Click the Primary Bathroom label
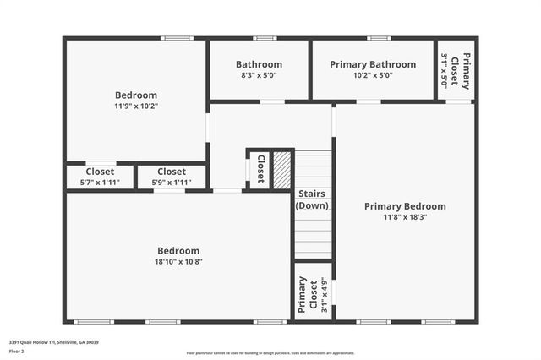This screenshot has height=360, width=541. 373,64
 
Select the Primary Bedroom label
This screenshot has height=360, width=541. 405,206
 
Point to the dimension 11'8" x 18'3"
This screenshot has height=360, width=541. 405,217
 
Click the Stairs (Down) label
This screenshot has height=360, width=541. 312,199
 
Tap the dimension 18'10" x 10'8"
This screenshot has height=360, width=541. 178,262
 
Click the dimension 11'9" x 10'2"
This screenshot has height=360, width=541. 136,106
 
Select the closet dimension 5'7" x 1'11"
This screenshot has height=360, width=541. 100,183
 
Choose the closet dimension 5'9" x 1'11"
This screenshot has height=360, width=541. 172,183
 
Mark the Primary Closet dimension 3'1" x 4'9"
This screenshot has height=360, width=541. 324,295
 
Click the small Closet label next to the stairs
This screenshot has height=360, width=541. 260,169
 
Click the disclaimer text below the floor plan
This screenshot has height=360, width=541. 270,353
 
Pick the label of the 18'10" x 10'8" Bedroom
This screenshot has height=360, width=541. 178,251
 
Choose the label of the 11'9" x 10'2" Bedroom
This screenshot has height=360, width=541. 136,95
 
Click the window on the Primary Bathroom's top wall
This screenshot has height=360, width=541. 378,37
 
